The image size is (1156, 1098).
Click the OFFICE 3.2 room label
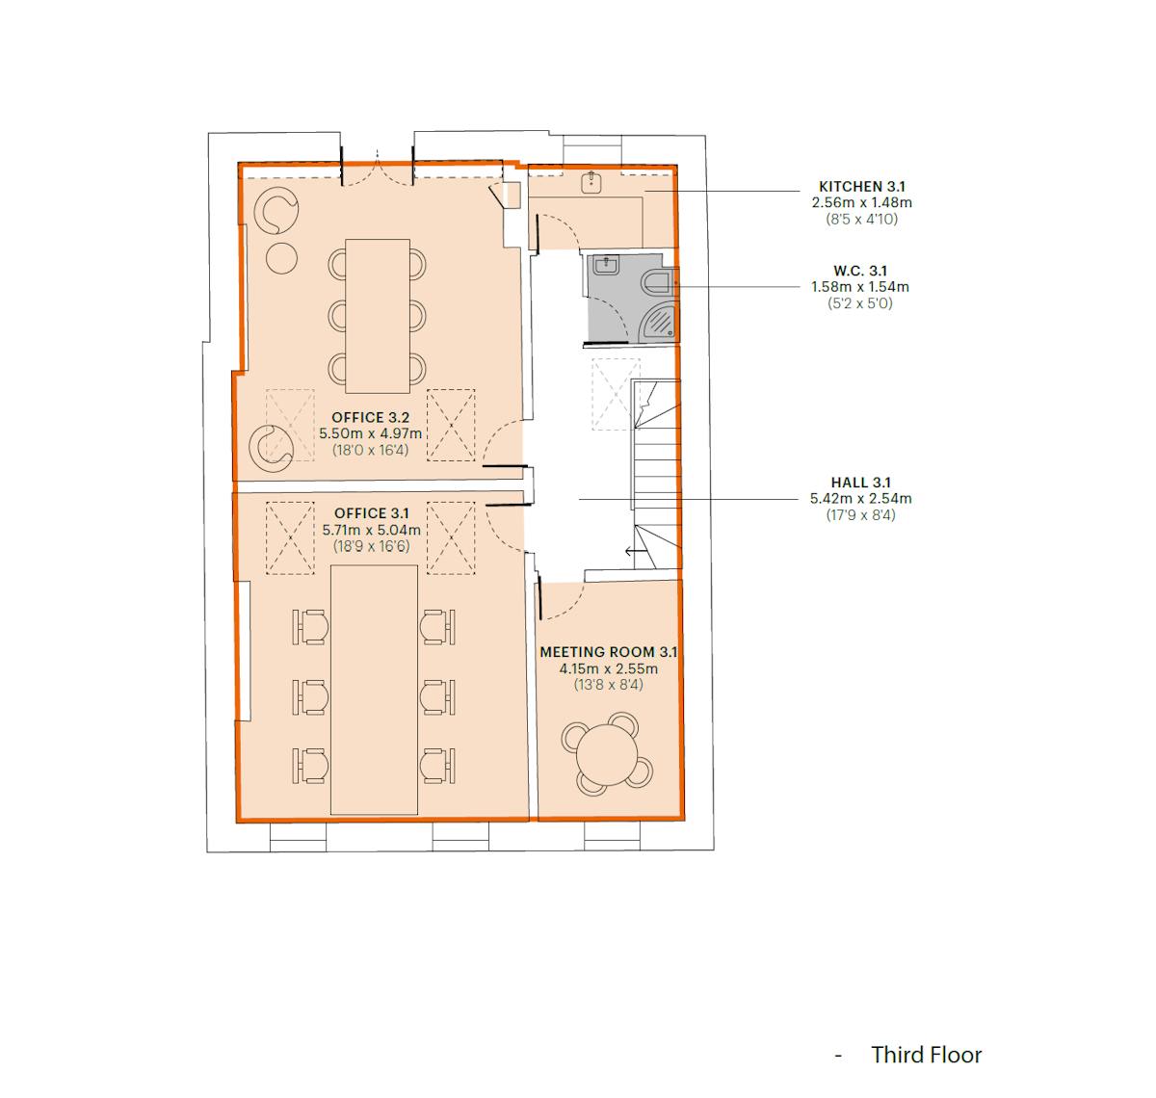pos(370,418)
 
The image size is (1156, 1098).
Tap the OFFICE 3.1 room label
pos(371,513)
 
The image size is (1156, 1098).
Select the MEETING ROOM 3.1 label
pos(608,652)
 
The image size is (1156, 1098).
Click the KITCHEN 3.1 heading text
pos(861,187)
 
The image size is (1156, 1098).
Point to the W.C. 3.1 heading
pos(859,271)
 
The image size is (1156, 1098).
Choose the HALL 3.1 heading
pos(860,483)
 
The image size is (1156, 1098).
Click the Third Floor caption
pos(926,1055)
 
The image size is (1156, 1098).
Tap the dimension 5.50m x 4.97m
pos(371,434)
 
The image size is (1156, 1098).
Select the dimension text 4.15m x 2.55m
pos(608,668)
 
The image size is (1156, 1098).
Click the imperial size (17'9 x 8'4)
pos(860,515)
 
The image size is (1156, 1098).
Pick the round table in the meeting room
pos(607,754)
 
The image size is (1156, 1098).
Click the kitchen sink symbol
pos(591,182)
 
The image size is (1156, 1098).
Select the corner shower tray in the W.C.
pos(660,324)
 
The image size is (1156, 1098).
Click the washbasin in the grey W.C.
pos(604,266)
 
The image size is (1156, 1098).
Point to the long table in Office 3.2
pos(378,316)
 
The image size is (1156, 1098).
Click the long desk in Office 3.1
pos(374,690)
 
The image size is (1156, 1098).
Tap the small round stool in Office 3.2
pos(281,258)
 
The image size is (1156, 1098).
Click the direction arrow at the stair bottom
pos(634,552)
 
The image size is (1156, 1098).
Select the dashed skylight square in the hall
pos(616,394)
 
